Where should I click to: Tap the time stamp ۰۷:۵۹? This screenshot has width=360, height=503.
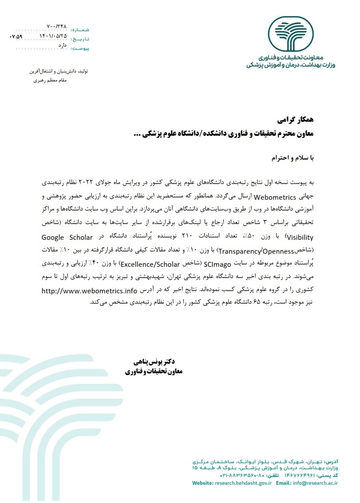coord(16,36)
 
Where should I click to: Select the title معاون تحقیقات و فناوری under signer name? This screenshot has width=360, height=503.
coord(154,372)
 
